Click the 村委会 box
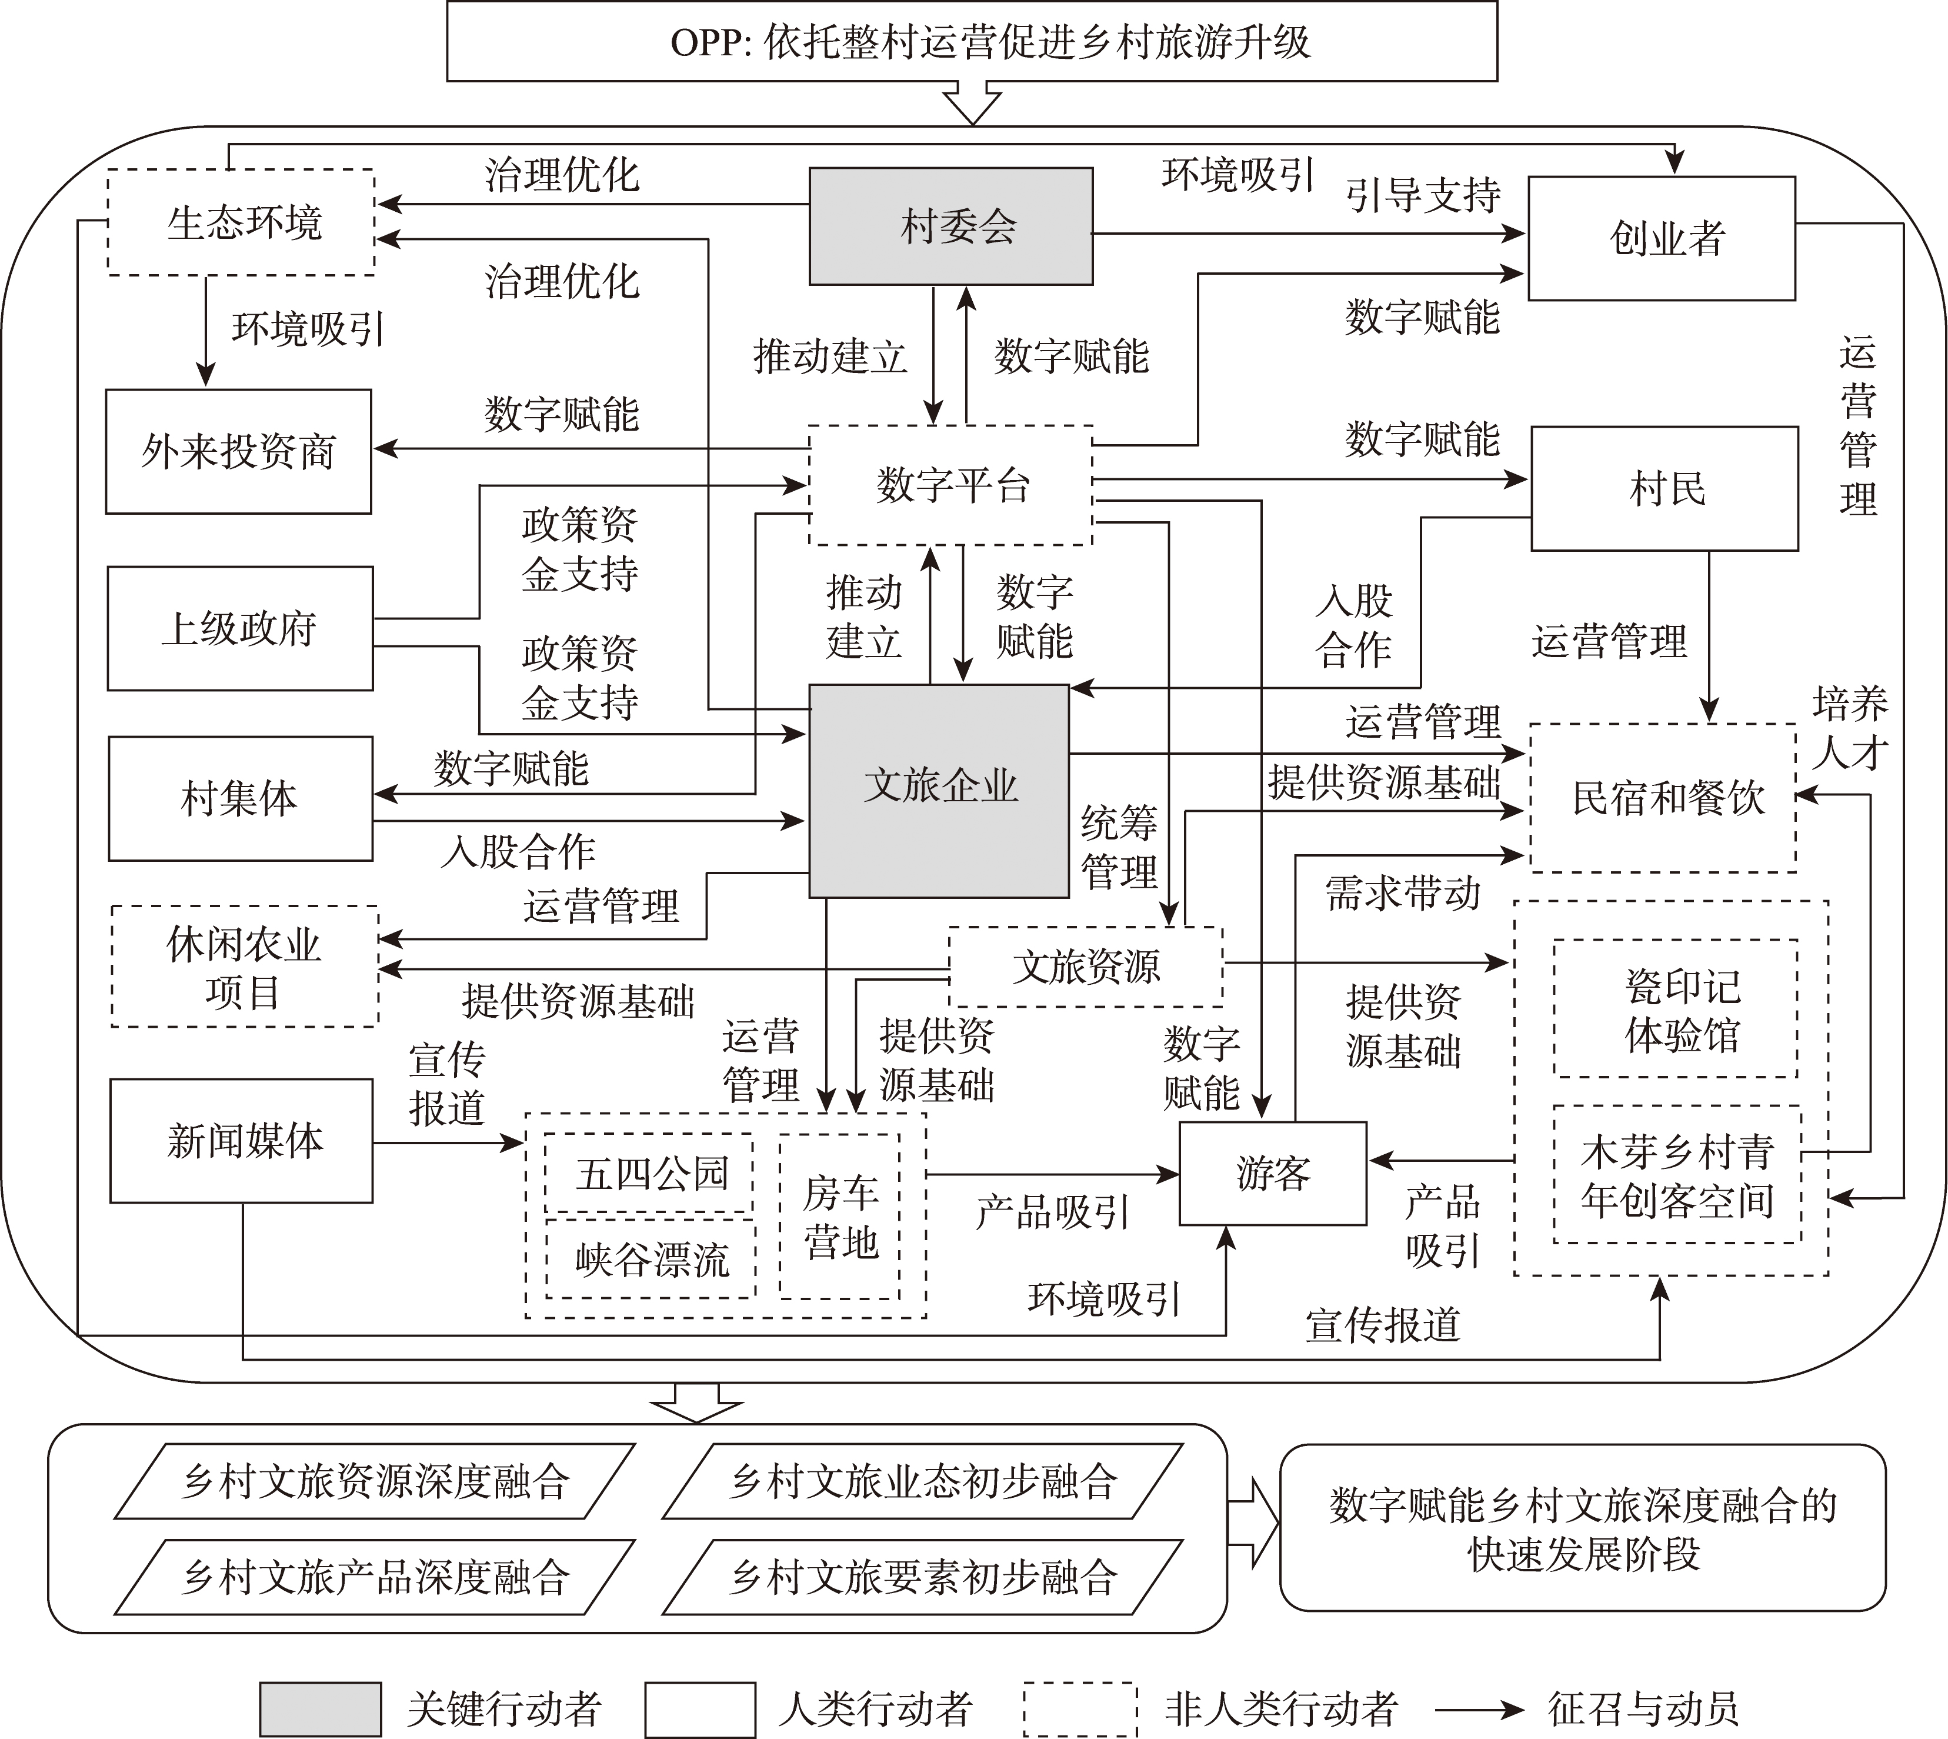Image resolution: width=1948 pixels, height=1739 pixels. pyautogui.click(x=950, y=226)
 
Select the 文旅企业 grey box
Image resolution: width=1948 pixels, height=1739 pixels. pyautogui.click(x=939, y=790)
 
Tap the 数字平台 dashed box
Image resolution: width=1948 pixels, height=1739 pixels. pyautogui.click(x=950, y=485)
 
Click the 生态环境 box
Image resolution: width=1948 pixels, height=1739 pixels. pyautogui.click(x=241, y=222)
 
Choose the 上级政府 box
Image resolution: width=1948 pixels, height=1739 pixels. pyautogui.click(x=240, y=629)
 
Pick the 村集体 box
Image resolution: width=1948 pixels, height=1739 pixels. pyautogui.click(x=240, y=798)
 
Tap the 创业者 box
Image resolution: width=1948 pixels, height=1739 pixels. pyautogui.click(x=1662, y=238)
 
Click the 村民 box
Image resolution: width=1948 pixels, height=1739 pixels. pyautogui.click(x=1665, y=488)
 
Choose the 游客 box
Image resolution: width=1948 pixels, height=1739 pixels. pyautogui.click(x=1273, y=1173)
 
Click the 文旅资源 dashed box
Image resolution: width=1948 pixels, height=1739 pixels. pyautogui.click(x=1085, y=967)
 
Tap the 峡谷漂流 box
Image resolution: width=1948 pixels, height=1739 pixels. pyautogui.click(x=651, y=1258)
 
